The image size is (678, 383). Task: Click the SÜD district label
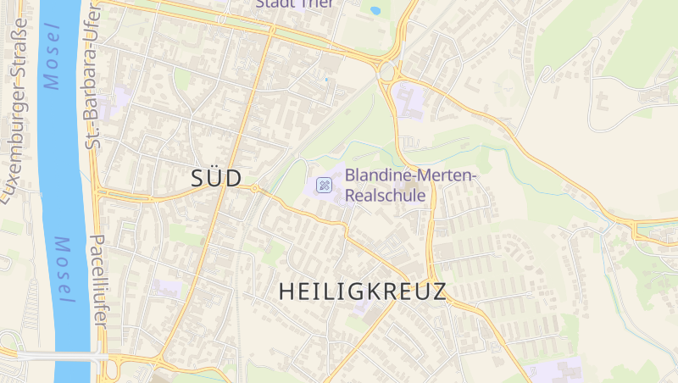(216, 178)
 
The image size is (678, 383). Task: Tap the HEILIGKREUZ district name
(362, 292)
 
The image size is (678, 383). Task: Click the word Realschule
(385, 194)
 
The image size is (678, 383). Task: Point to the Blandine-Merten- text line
(411, 175)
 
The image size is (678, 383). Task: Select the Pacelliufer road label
(97, 284)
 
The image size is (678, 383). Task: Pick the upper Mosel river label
(52, 58)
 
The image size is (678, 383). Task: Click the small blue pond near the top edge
(375, 10)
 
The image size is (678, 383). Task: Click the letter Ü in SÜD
(216, 177)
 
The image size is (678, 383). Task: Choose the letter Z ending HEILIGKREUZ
(438, 292)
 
